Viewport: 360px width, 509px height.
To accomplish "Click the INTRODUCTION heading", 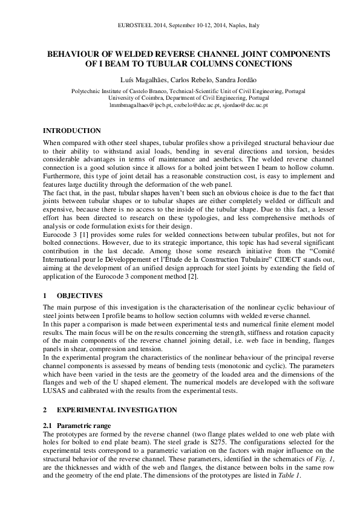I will (71, 131).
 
